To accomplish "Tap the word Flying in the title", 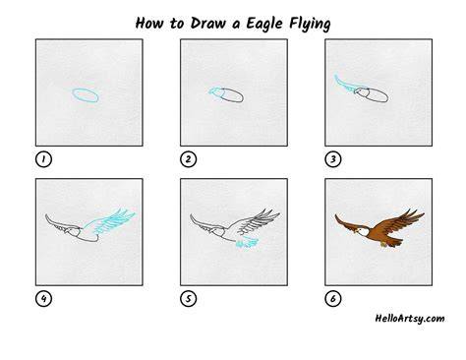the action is pos(310,24).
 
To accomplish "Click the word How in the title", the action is pos(149,24).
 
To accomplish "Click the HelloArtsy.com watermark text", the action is pos(410,319).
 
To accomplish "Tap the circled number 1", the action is pos(43,159).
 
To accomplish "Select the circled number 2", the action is pos(188,159).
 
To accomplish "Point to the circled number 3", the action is pos(333,159).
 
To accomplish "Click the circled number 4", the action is pos(43,299).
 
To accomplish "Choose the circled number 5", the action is pos(188,299).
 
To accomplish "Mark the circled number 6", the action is pos(333,299).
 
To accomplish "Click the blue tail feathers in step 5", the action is pos(247,243).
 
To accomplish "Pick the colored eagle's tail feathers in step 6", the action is pos(391,243).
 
